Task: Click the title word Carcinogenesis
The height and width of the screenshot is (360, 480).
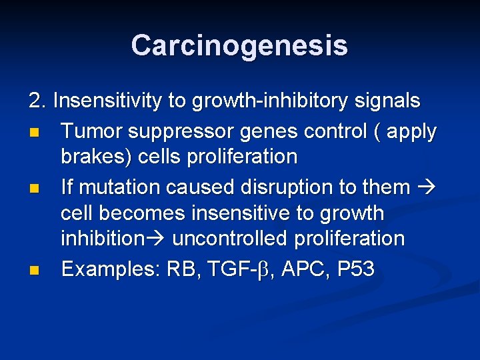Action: [239, 45]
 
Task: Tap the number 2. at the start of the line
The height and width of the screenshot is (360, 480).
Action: [38, 101]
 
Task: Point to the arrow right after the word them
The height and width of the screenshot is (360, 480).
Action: [425, 187]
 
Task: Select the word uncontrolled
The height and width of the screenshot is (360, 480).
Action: [227, 239]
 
